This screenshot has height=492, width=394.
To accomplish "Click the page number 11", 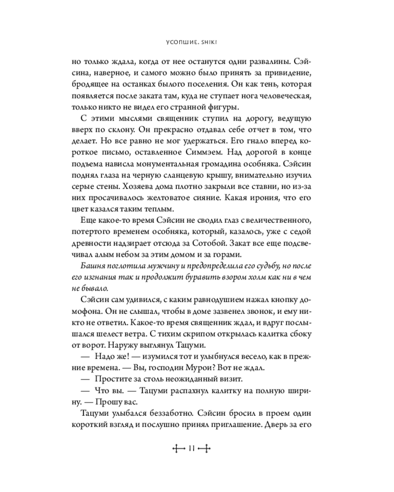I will (192, 448).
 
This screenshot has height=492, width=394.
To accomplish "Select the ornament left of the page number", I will (176, 448).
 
